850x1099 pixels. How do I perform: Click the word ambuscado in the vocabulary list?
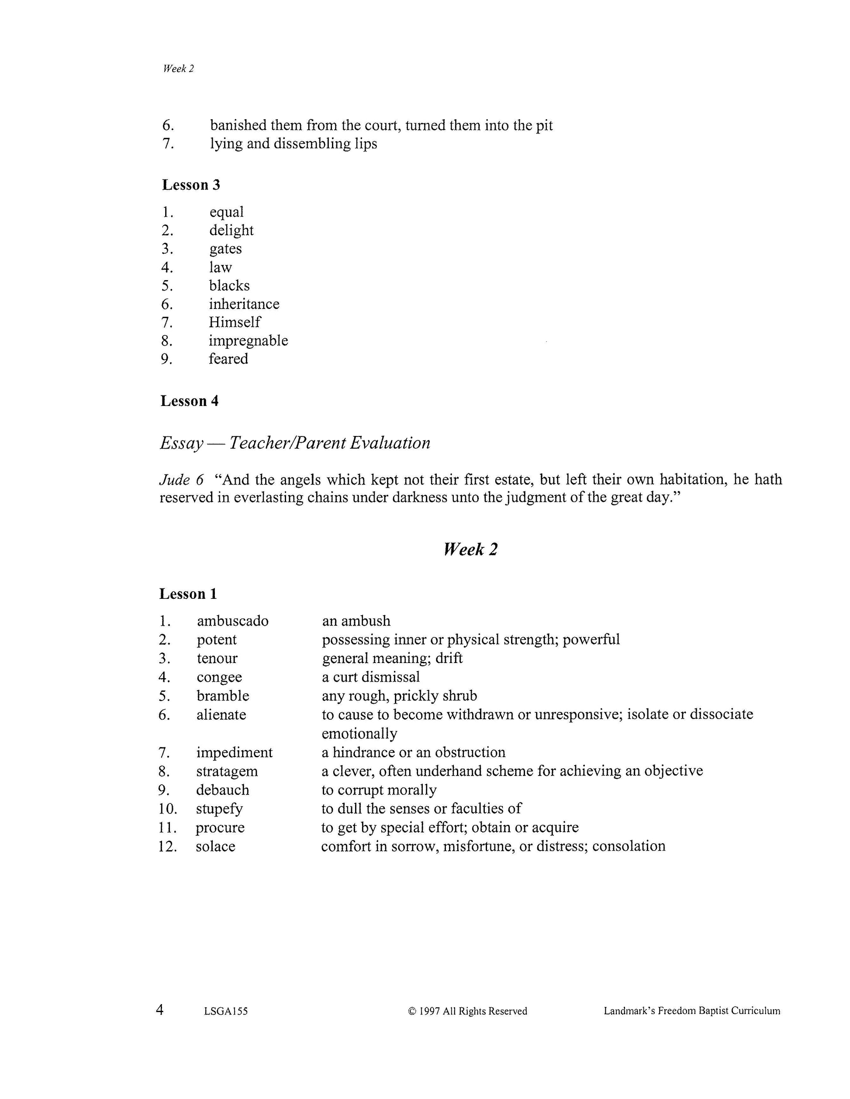(233, 621)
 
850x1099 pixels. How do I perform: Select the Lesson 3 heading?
(191, 185)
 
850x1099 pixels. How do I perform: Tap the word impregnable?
(248, 341)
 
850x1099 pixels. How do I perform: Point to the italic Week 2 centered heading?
(470, 549)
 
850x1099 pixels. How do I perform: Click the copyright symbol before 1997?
(412, 1011)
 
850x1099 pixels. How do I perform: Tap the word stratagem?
(227, 771)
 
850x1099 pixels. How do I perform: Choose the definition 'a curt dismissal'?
(370, 677)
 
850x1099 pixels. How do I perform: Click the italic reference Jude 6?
(181, 480)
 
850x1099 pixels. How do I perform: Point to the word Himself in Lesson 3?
(235, 322)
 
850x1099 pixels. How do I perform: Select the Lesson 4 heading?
(189, 401)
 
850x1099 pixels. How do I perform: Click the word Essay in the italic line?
(181, 443)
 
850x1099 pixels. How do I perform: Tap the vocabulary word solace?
(215, 846)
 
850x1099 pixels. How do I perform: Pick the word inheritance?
(244, 304)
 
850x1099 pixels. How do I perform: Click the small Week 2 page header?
(178, 69)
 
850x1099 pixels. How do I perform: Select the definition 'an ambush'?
(356, 621)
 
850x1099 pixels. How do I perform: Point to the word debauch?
(223, 790)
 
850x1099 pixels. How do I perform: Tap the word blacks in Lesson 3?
(229, 285)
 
